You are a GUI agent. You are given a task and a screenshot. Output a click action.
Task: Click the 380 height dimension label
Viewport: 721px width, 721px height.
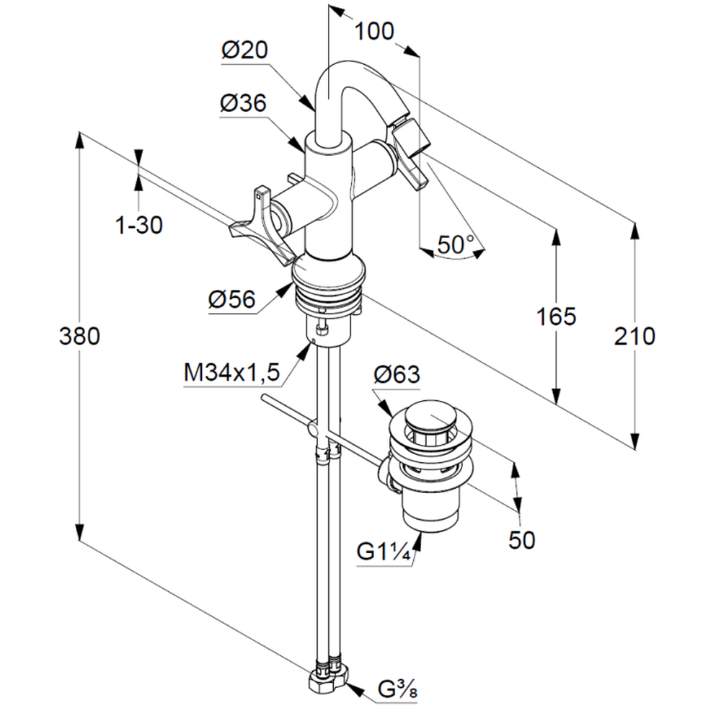click(x=79, y=336)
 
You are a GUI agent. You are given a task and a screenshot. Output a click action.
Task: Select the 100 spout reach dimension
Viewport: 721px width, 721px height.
click(x=375, y=32)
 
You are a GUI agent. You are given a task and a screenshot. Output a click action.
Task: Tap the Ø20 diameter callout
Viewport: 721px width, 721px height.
click(x=244, y=50)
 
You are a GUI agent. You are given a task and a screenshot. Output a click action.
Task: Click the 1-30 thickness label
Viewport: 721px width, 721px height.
click(x=139, y=226)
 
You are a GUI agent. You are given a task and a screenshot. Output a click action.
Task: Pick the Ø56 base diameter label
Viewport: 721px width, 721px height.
click(x=232, y=300)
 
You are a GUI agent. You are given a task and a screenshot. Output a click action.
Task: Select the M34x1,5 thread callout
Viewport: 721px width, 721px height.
click(x=231, y=373)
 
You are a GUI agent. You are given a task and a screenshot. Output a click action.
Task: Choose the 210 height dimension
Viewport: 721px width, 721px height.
click(x=634, y=336)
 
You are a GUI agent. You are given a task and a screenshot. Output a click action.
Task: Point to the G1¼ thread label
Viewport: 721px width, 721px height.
click(x=384, y=553)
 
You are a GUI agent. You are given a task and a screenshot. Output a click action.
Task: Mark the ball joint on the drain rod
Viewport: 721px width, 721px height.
click(x=311, y=429)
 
